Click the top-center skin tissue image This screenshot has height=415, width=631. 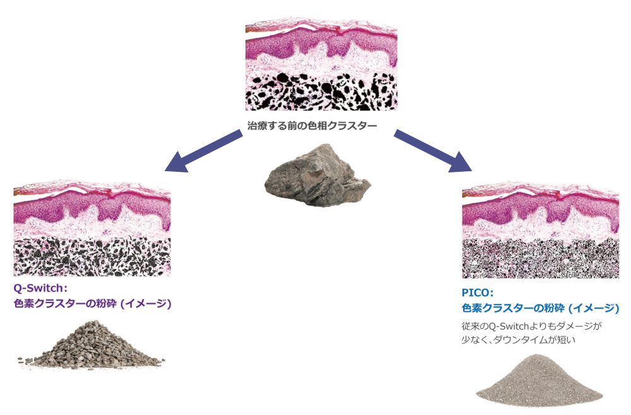321,65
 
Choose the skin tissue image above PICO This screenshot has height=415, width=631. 540,231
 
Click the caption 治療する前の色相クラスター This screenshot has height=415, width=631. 312,125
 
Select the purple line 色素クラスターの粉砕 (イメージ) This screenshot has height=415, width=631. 93,303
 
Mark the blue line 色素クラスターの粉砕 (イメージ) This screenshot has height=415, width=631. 541,308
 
